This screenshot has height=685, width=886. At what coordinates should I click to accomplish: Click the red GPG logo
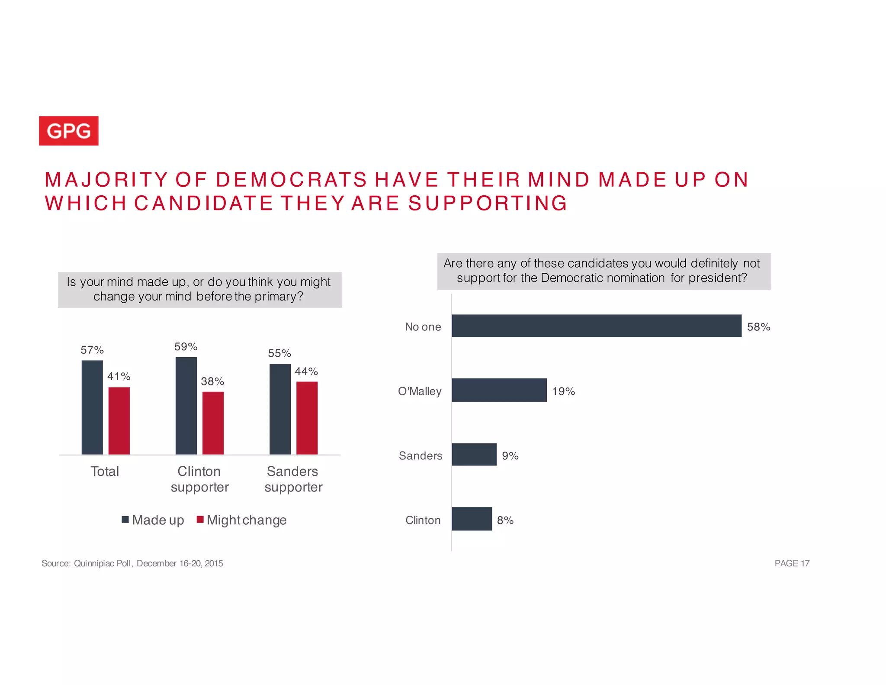coord(69,131)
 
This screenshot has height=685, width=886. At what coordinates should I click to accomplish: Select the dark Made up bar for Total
coord(92,407)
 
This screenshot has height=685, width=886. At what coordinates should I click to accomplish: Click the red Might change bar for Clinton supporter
coord(213,423)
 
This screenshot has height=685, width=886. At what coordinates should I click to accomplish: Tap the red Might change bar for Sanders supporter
coord(307,418)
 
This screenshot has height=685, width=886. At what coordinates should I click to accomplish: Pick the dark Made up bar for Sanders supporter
coord(280,409)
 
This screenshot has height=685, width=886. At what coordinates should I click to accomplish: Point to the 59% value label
coord(186,347)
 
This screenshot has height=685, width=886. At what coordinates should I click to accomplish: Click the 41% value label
coord(119,376)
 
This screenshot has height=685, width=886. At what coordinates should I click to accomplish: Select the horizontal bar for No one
coord(596,326)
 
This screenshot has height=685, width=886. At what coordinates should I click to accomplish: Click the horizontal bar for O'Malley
coord(499,390)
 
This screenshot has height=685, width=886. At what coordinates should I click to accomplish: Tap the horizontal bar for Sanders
coord(474,455)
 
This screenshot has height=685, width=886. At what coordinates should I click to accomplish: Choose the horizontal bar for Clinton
coord(472,519)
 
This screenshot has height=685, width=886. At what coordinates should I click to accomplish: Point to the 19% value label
coord(563,391)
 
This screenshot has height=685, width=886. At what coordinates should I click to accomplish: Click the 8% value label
coord(505,520)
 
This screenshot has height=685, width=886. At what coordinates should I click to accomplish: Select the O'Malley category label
coord(420,391)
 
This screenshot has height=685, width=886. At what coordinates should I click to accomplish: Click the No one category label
coord(423,327)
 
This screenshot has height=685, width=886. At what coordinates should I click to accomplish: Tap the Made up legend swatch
coord(125,520)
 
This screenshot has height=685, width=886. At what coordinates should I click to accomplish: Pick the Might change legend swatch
coord(200,520)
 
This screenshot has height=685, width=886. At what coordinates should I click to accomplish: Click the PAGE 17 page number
coord(792,563)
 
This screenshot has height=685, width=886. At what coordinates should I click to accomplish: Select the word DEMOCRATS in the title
coord(291,180)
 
